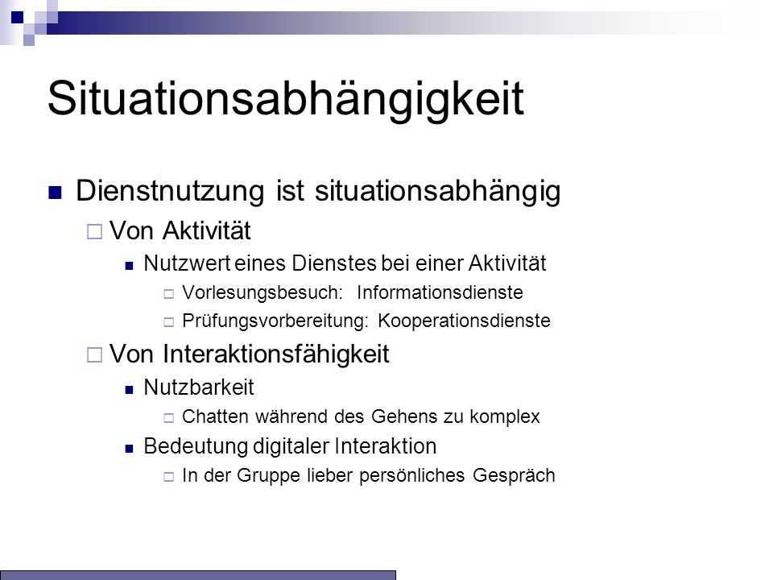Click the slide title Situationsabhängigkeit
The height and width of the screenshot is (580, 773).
[x=285, y=100]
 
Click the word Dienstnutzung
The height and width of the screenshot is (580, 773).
[x=170, y=191]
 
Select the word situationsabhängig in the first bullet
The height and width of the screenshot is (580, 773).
[x=438, y=191]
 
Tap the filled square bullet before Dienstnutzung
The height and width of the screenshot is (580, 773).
[x=56, y=193]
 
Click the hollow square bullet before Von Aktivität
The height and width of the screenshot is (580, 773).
[x=94, y=232]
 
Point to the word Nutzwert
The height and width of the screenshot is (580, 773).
[x=187, y=263]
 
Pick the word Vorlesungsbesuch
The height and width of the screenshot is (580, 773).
[x=262, y=292]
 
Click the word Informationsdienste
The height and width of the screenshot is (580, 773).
[x=440, y=292]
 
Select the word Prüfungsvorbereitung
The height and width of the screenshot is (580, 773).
[x=275, y=321]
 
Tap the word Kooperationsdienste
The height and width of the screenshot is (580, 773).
[x=464, y=321]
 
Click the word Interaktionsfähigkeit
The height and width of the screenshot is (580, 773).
[x=276, y=354]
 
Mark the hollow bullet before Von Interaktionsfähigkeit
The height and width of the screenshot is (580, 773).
[x=94, y=354]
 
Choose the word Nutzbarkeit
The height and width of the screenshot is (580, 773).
[x=199, y=387]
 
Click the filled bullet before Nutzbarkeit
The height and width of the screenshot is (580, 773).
[x=129, y=390]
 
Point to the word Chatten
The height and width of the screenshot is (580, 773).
[x=215, y=416]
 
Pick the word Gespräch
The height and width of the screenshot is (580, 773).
[x=514, y=476]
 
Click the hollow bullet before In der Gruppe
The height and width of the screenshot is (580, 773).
[x=168, y=477]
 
